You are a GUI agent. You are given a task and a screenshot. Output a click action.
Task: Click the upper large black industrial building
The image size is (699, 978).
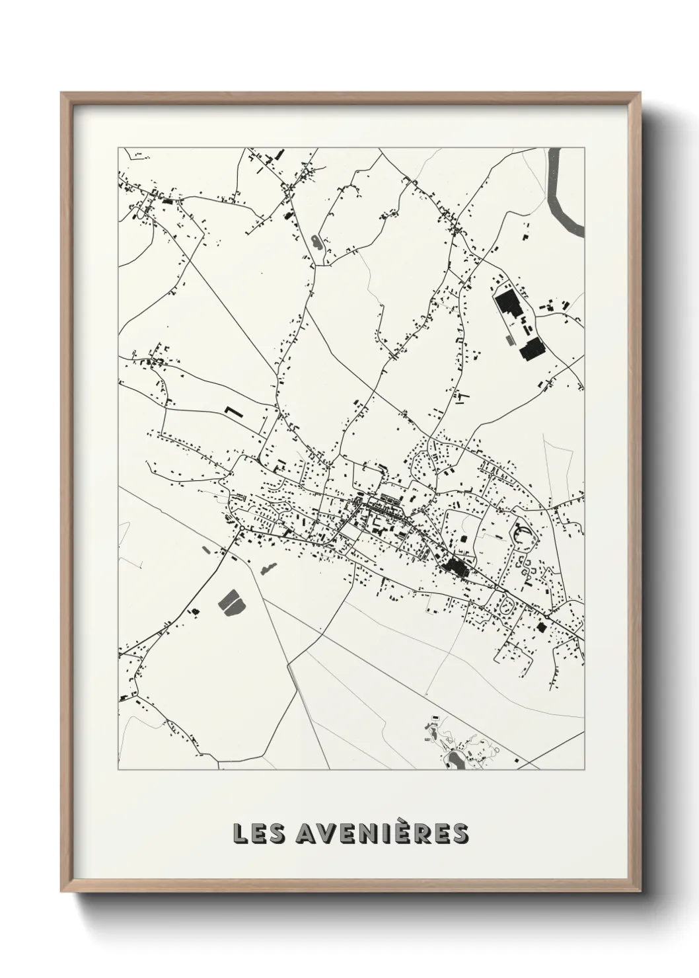tap(508, 305)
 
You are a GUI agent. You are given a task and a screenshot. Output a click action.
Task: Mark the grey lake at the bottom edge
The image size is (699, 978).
tap(455, 759)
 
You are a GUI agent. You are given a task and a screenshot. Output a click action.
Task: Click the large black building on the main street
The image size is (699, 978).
tap(457, 566)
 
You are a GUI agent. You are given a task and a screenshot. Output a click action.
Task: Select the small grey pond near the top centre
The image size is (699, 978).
tap(316, 242)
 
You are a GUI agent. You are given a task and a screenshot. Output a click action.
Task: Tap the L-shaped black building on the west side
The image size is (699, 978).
tap(233, 412)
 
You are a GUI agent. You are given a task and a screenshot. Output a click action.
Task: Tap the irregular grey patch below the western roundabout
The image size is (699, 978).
tap(269, 568)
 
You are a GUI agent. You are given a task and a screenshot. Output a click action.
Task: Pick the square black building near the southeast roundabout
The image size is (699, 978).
tap(540, 626)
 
